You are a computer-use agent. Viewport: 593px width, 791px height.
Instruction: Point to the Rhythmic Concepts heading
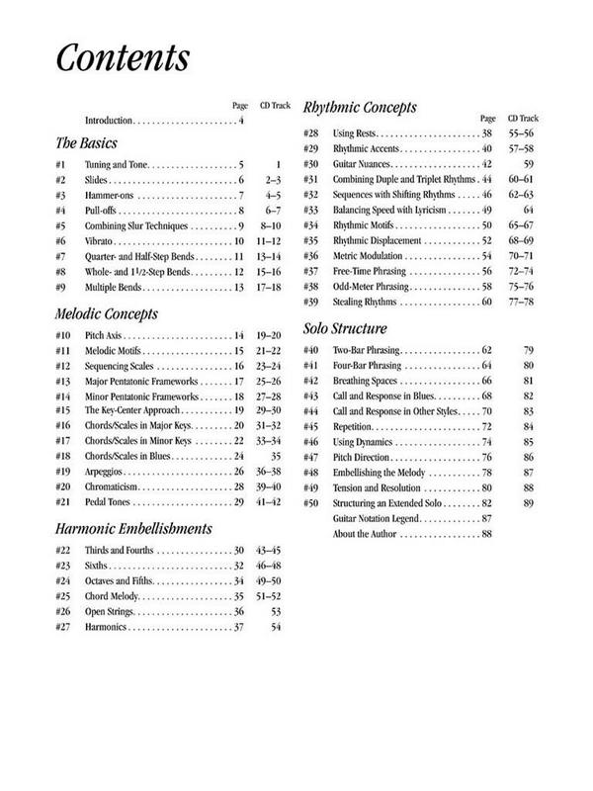pos(360,107)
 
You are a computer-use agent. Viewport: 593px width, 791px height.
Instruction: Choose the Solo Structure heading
pos(345,328)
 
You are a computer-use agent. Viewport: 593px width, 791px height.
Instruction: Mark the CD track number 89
pos(529,503)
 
